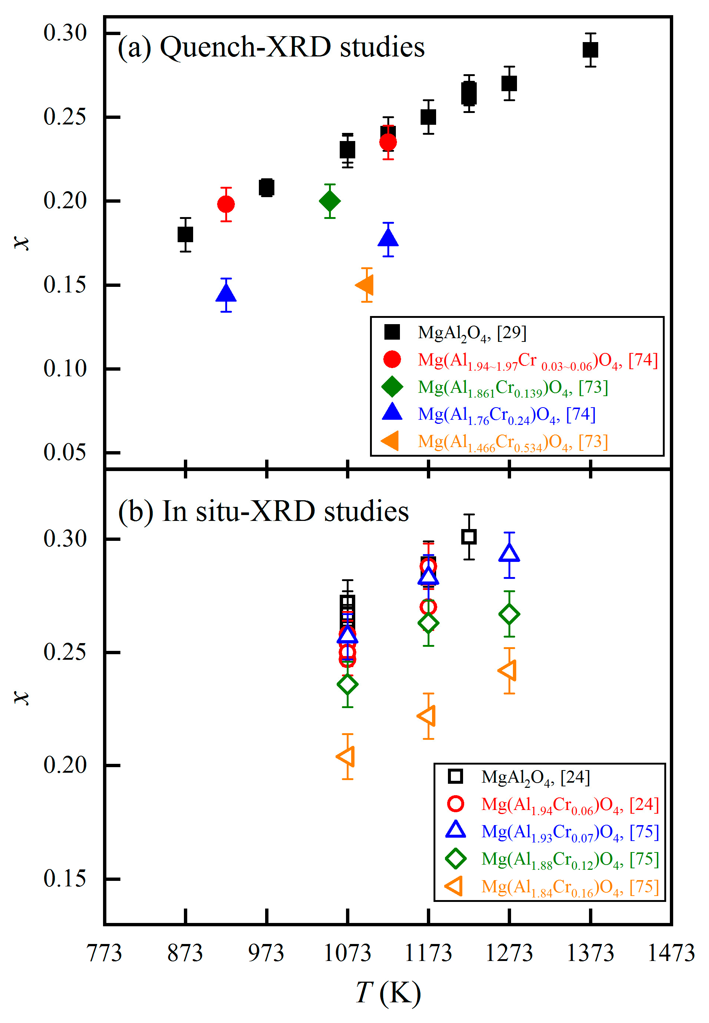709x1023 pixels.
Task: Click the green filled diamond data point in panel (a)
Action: [x=330, y=201]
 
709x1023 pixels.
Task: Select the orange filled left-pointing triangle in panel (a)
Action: [x=366, y=285]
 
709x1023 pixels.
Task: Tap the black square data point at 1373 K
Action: [x=590, y=50]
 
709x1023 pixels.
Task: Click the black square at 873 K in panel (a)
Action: [x=185, y=234]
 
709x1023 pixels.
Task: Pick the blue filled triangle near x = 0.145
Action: [x=226, y=293]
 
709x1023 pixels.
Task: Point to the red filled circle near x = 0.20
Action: [x=226, y=204]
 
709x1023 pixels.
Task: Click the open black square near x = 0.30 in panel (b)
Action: [x=469, y=537]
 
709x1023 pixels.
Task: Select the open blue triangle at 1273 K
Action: [x=510, y=553]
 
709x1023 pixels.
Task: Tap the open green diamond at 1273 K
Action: [x=510, y=614]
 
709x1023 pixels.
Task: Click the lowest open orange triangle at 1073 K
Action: [x=346, y=756]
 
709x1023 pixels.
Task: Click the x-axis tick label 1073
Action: [x=347, y=953]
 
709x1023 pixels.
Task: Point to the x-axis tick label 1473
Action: [x=671, y=953]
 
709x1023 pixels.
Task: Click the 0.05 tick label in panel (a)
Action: [x=65, y=453]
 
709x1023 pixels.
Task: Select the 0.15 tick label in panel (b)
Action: [x=65, y=878]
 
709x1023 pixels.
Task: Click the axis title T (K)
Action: [x=388, y=993]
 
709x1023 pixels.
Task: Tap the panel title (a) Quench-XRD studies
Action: [x=271, y=47]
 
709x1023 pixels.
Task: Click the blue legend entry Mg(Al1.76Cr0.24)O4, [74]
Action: [x=506, y=415]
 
